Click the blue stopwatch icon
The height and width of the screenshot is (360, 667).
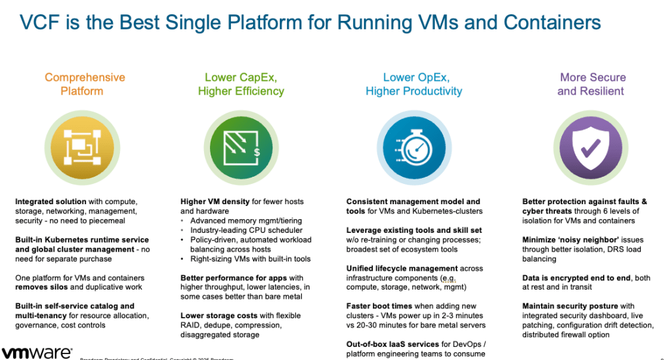(x=413, y=147)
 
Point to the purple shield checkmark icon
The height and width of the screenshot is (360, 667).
(x=591, y=147)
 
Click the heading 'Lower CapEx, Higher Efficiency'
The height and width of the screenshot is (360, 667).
(x=241, y=84)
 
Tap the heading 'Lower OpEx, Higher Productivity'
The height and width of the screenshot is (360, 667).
(x=413, y=84)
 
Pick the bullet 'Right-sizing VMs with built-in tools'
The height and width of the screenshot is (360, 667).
(x=250, y=259)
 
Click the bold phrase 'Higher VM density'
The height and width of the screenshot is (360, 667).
(x=215, y=202)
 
